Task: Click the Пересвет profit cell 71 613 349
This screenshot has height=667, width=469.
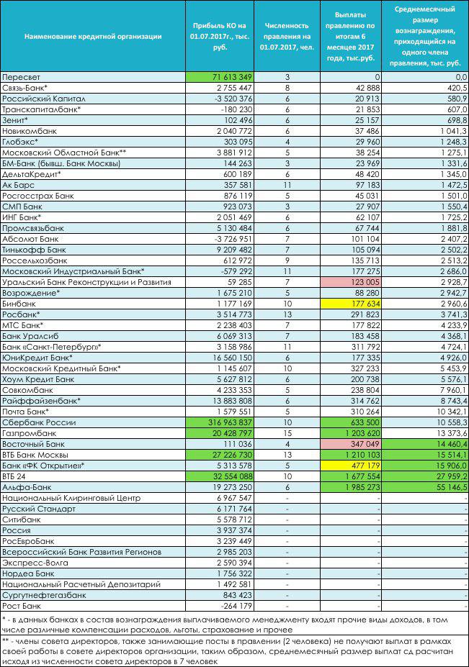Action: (x=220, y=77)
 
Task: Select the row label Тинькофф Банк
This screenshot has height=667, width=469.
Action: (x=34, y=250)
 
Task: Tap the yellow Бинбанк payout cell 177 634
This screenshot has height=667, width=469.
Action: (x=351, y=304)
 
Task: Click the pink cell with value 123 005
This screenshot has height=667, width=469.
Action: (x=351, y=282)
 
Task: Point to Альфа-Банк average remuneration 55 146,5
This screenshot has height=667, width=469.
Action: (x=425, y=487)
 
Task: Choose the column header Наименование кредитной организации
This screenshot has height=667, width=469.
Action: (x=93, y=37)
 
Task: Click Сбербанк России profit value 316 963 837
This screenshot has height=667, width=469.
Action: (x=220, y=422)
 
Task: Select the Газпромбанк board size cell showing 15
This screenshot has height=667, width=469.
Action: (x=287, y=433)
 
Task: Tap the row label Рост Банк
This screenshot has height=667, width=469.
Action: (x=22, y=606)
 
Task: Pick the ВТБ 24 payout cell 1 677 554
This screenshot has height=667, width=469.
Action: (x=351, y=476)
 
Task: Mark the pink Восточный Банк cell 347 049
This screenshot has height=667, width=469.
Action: (x=351, y=444)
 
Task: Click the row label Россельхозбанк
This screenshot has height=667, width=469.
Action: (x=35, y=260)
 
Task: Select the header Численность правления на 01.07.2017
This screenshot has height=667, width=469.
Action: (x=287, y=37)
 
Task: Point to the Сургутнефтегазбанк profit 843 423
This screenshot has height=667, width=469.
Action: (x=238, y=595)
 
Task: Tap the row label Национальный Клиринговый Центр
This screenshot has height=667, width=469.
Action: (x=71, y=498)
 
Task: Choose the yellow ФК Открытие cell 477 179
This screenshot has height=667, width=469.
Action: (x=351, y=466)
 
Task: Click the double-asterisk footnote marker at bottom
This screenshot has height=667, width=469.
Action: (x=6, y=641)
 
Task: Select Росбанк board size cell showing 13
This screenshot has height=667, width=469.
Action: (x=287, y=314)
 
